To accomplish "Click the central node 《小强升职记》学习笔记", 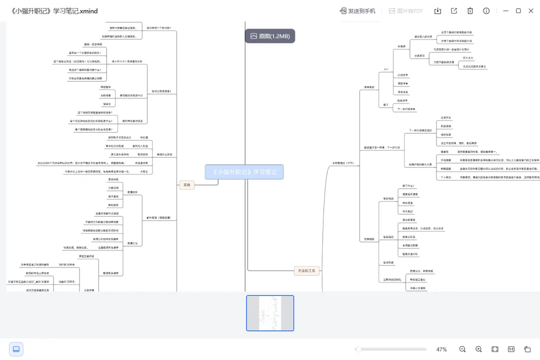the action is coord(244,172).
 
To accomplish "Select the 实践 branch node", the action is coord(186,185).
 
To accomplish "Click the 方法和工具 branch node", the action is coord(306,271).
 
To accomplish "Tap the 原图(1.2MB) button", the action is coord(270,36).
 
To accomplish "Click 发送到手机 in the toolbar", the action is coord(357,11).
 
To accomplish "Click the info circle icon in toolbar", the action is coord(486,11).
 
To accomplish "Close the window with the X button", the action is coord(531,11).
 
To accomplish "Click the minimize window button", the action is coord(505,11).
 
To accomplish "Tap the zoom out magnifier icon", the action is coord(462,349).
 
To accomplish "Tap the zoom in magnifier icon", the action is coord(478,349).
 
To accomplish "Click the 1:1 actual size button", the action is coord(511,349).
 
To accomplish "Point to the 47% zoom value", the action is coord(441,349).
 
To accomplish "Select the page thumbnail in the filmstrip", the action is coord(270,313).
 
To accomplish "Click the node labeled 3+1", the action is coord(386,69).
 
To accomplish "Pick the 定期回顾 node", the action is coord(368,239).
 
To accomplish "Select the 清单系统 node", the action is coord(369,87).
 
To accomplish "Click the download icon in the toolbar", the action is coord(437,11).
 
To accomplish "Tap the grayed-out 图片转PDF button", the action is coord(405,11).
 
